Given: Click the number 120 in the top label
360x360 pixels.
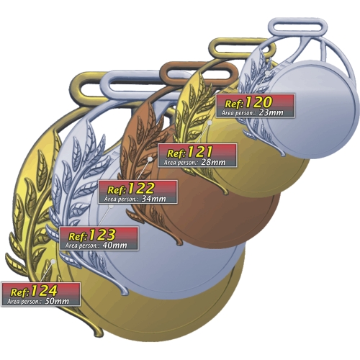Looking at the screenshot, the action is tap(259, 102).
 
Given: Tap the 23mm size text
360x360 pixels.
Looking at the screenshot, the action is tap(271, 112).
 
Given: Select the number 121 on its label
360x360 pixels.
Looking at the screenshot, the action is tap(199, 152).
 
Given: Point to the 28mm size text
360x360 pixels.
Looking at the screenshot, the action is tap(213, 162).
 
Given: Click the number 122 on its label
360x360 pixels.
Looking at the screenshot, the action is tap(140, 189).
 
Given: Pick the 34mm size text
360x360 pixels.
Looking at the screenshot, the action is tap(153, 199).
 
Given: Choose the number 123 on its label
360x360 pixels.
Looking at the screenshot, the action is tap(102, 235).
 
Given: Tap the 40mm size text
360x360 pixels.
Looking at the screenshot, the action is tap(114, 246).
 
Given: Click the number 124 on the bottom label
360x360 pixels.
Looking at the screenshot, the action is tap(44, 291).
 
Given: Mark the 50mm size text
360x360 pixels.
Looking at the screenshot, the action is tap(57, 301).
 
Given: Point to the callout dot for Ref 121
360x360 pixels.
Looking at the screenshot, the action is tap(210, 122).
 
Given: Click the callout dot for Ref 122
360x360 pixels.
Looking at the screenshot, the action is tap(150, 159).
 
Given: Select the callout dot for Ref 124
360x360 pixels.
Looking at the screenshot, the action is tap(53, 261).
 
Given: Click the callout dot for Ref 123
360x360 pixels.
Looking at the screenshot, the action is tap(111, 206).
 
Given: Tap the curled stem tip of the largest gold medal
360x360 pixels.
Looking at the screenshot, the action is tap(99, 333).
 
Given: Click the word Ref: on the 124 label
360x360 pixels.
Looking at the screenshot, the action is tap(20, 292).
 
